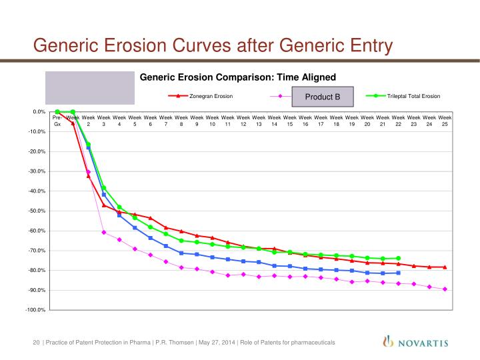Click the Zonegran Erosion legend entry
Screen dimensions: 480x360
pos(201,96)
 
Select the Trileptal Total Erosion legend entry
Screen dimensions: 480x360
pos(403,96)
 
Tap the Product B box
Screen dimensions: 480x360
pos(323,97)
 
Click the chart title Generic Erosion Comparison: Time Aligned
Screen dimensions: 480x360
pos(238,77)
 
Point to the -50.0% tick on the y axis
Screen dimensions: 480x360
pos(37,211)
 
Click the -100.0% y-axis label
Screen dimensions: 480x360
pos(35,310)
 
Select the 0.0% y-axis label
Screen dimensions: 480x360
pos(39,112)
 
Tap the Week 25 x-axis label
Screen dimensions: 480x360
pos(445,121)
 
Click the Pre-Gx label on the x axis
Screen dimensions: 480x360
pos(57,121)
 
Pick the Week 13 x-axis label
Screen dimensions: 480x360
pos(259,121)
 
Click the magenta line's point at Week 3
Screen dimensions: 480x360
pos(104,233)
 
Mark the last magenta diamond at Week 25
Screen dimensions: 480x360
pos(445,289)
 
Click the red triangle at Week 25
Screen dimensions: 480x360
pos(445,267)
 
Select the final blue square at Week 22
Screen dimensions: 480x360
pos(398,273)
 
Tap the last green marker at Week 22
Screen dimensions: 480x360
pos(398,259)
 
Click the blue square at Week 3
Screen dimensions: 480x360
pos(104,195)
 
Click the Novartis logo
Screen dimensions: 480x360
pos(416,341)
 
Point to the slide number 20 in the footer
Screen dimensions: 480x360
pos(36,343)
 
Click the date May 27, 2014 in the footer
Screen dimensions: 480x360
pos(217,343)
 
